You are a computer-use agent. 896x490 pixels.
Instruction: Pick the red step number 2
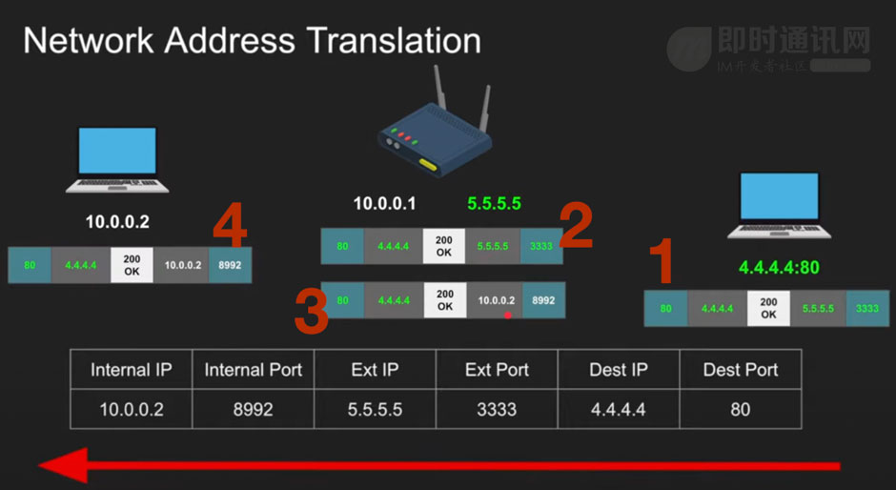(575, 225)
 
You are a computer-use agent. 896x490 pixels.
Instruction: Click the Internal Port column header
(253, 370)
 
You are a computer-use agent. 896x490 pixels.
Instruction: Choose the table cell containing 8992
(253, 410)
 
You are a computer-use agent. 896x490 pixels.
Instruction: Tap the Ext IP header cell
(375, 370)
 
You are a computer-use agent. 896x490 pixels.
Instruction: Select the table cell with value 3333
(496, 410)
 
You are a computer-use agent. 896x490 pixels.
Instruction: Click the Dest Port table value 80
(740, 410)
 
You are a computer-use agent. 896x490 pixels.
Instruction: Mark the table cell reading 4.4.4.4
(618, 410)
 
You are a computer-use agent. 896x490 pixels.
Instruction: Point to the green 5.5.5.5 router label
(494, 203)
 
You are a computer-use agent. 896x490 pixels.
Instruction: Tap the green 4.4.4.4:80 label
(779, 268)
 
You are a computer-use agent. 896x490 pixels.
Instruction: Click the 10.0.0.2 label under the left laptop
(117, 222)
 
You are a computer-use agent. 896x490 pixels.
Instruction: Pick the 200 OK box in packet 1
(768, 309)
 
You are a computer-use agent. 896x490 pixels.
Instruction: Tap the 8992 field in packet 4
(230, 264)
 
